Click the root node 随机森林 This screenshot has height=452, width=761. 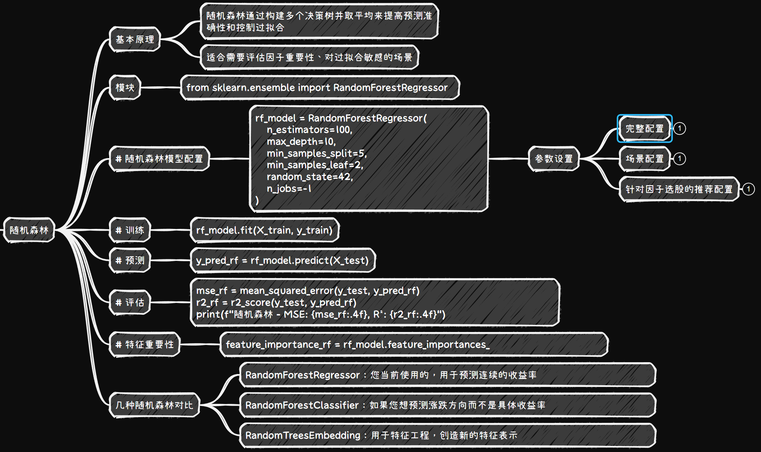29,230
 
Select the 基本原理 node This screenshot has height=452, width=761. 135,39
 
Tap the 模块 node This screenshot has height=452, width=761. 125,87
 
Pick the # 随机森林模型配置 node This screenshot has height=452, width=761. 159,158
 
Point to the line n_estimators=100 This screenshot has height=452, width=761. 309,130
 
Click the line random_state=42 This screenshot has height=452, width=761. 310,177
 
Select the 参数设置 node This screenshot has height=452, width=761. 554,158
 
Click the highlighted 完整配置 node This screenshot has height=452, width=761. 645,128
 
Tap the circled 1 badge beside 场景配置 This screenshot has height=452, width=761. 679,158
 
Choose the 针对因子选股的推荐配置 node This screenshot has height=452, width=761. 679,189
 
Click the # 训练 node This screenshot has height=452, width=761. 130,230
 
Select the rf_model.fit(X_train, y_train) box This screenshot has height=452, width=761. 264,230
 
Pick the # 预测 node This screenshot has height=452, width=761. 130,260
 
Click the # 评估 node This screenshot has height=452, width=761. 130,302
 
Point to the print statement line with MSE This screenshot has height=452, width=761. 320,314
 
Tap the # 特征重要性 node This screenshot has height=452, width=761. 144,344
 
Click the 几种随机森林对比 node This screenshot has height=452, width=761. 154,405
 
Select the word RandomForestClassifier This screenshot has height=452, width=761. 302,405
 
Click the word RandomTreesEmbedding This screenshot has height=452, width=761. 303,435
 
